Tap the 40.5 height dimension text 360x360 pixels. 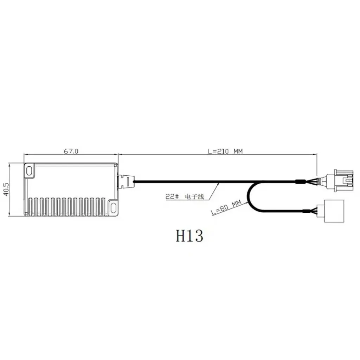5,189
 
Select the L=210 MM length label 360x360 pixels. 225,152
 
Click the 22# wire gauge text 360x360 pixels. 172,197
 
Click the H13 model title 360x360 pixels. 189,236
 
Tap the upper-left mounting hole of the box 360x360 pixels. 29,171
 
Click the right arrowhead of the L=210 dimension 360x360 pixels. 315,154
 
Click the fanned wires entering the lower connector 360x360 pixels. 311,211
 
